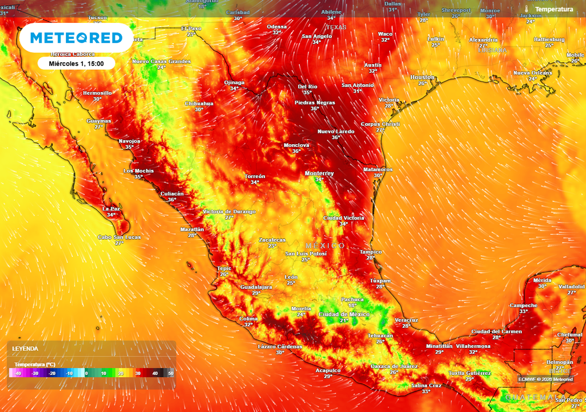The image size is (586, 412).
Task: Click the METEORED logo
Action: (76, 38)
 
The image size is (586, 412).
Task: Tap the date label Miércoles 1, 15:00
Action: (77, 64)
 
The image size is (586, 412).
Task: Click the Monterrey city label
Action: (319, 173)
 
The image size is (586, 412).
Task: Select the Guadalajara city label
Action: (256, 287)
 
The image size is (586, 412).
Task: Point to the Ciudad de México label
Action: (345, 314)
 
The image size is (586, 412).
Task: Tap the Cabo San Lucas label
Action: (119, 237)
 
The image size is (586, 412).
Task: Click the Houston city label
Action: (422, 77)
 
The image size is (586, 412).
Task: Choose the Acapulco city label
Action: (328, 370)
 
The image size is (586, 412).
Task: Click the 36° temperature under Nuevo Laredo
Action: (336, 137)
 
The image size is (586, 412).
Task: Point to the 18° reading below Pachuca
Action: (352, 306)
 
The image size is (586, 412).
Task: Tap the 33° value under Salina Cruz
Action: (426, 391)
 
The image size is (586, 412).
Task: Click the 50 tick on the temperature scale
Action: (171, 373)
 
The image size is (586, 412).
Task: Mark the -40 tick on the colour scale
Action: (18, 373)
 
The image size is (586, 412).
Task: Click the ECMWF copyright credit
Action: (545, 379)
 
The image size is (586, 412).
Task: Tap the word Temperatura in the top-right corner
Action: (554, 10)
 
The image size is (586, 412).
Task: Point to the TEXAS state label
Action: (336, 27)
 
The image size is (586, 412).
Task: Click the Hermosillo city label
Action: (97, 92)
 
